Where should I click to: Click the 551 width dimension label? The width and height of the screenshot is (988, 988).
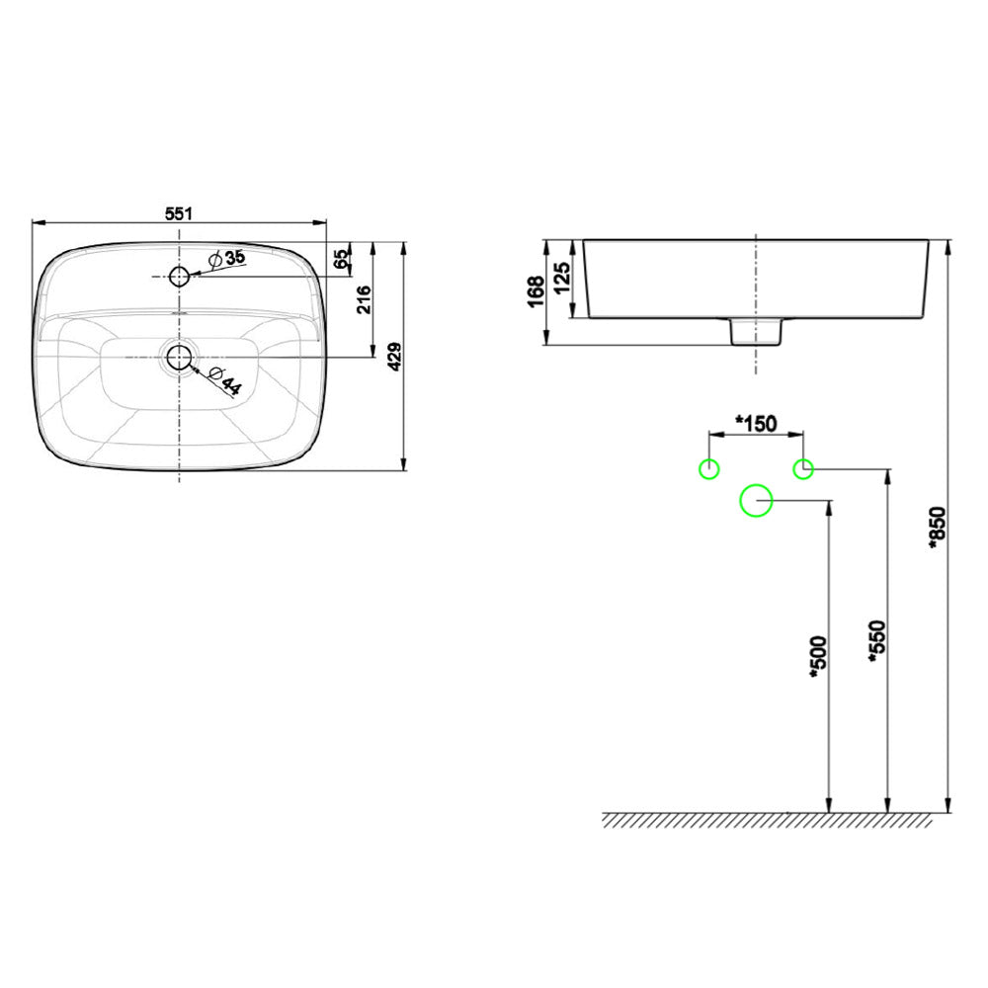pyautogui.click(x=178, y=211)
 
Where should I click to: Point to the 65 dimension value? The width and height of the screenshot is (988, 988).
pyautogui.click(x=341, y=259)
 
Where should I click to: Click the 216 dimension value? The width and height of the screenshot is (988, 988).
pyautogui.click(x=363, y=297)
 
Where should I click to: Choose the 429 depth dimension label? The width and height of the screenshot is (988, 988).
pyautogui.click(x=393, y=356)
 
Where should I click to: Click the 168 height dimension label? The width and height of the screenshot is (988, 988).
pyautogui.click(x=535, y=291)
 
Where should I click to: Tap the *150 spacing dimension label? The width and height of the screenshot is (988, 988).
pyautogui.click(x=756, y=423)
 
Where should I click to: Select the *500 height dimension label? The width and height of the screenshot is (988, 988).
pyautogui.click(x=816, y=657)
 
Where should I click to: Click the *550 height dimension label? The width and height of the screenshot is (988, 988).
pyautogui.click(x=875, y=642)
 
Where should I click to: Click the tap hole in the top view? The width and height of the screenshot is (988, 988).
pyautogui.click(x=179, y=276)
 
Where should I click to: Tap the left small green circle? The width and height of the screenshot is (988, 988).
pyautogui.click(x=708, y=468)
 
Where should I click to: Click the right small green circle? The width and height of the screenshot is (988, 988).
pyautogui.click(x=803, y=468)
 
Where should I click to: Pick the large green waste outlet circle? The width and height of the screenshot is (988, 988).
pyautogui.click(x=756, y=501)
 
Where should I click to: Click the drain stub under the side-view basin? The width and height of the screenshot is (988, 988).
pyautogui.click(x=756, y=331)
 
